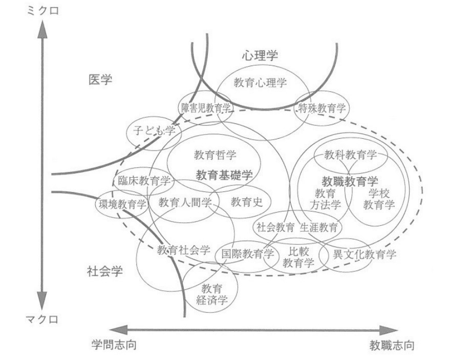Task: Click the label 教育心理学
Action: [x=260, y=83]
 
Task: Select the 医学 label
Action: [x=100, y=80]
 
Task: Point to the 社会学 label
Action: [x=104, y=271]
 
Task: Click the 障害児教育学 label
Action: [x=206, y=108]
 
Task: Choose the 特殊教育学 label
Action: [x=322, y=108]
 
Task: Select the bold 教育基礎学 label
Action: [x=225, y=175]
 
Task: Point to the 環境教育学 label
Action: [x=122, y=204]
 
